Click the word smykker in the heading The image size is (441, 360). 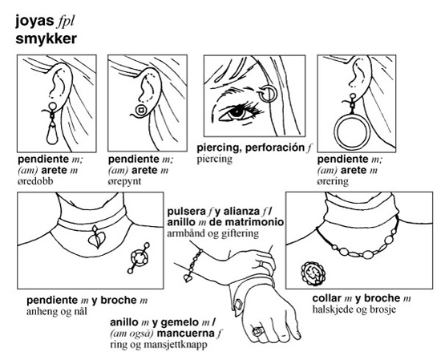pos(46,39)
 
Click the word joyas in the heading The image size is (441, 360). pos(34,22)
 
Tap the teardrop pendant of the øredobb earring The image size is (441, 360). pos(52,134)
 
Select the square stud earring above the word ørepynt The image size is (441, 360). pos(141,110)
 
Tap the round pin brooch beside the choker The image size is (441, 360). pos(139,258)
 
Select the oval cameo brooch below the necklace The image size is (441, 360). pos(314,273)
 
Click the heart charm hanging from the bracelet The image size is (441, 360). pos(188,278)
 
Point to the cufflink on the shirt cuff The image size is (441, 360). pos(238,305)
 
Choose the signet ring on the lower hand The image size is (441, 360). pos(257,331)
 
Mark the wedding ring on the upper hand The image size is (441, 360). pos(261,264)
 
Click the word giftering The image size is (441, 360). pos(240,233)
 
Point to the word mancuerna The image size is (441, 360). pos(186,334)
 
